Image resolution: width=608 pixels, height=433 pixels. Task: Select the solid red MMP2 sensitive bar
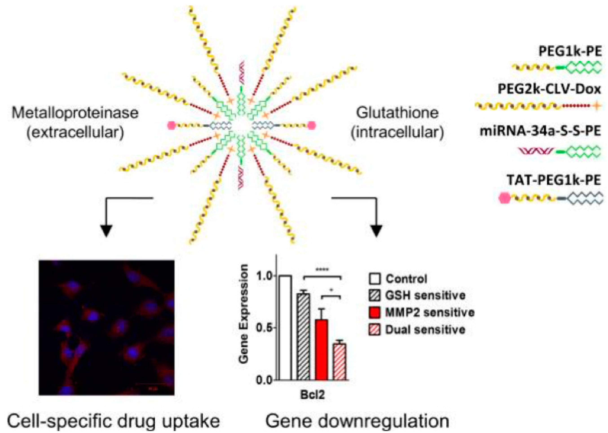coord(322,349)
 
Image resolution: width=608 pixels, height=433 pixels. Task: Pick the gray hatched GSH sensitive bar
coord(303,336)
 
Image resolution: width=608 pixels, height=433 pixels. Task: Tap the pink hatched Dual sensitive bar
coord(340,361)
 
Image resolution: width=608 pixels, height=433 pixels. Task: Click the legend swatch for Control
coord(374,279)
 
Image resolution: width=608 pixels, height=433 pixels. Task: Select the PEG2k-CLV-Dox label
coord(549,89)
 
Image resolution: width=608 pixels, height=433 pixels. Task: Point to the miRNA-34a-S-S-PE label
coord(540,131)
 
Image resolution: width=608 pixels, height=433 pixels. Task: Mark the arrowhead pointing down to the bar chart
coord(376,231)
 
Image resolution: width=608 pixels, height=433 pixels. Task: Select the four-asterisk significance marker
coord(322,269)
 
